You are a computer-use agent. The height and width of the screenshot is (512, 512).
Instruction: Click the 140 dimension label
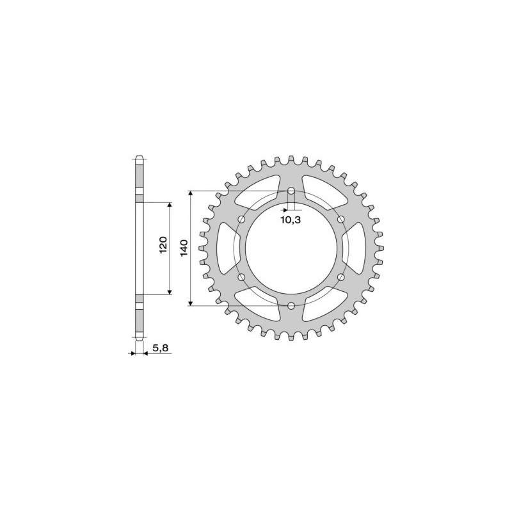[184, 248]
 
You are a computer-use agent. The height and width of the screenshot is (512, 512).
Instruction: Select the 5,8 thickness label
[160, 348]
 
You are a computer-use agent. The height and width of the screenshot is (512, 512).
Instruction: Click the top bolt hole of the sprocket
[291, 191]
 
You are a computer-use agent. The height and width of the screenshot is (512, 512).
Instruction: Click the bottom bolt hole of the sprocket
[291, 306]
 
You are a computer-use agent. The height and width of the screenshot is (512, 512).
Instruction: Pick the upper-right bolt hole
[340, 220]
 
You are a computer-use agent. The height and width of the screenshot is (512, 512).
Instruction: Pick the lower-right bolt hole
[340, 277]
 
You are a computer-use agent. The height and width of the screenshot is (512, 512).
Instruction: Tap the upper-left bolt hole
[242, 220]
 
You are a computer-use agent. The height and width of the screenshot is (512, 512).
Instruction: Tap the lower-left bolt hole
[242, 277]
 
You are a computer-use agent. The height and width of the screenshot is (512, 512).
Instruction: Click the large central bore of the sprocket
[291, 248]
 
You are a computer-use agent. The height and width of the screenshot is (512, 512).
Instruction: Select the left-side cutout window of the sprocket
[227, 248]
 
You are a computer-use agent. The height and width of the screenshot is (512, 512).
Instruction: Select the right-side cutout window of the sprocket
[355, 248]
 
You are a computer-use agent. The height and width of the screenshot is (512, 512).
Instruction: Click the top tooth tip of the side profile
[140, 157]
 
